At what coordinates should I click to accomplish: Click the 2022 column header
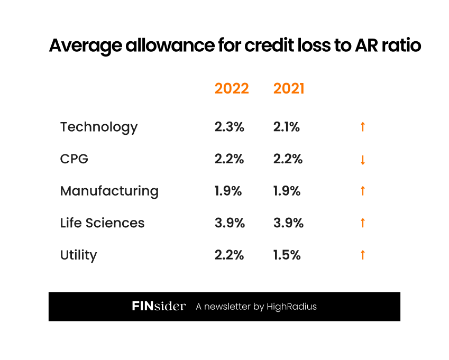[232, 89]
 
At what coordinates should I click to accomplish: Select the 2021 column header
[289, 89]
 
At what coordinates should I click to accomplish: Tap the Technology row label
[99, 127]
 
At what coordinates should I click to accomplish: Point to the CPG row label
[74, 159]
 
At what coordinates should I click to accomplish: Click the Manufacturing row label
[109, 191]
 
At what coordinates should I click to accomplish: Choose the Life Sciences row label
[102, 223]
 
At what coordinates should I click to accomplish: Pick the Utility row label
[79, 255]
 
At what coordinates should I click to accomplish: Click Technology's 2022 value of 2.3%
[230, 127]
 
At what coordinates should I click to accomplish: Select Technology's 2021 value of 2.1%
[287, 127]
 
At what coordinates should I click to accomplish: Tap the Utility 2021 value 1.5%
[287, 255]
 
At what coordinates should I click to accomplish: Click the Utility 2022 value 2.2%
[230, 255]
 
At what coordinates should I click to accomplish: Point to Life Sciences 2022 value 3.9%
[230, 223]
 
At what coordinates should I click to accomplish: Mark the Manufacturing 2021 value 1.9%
[287, 191]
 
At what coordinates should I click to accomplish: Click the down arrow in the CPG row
[363, 160]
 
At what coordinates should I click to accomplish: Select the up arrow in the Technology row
[363, 127]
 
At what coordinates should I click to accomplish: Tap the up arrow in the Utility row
[363, 255]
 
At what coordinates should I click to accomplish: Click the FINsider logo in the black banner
[159, 307]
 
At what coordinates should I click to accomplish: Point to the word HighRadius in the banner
[291, 307]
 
